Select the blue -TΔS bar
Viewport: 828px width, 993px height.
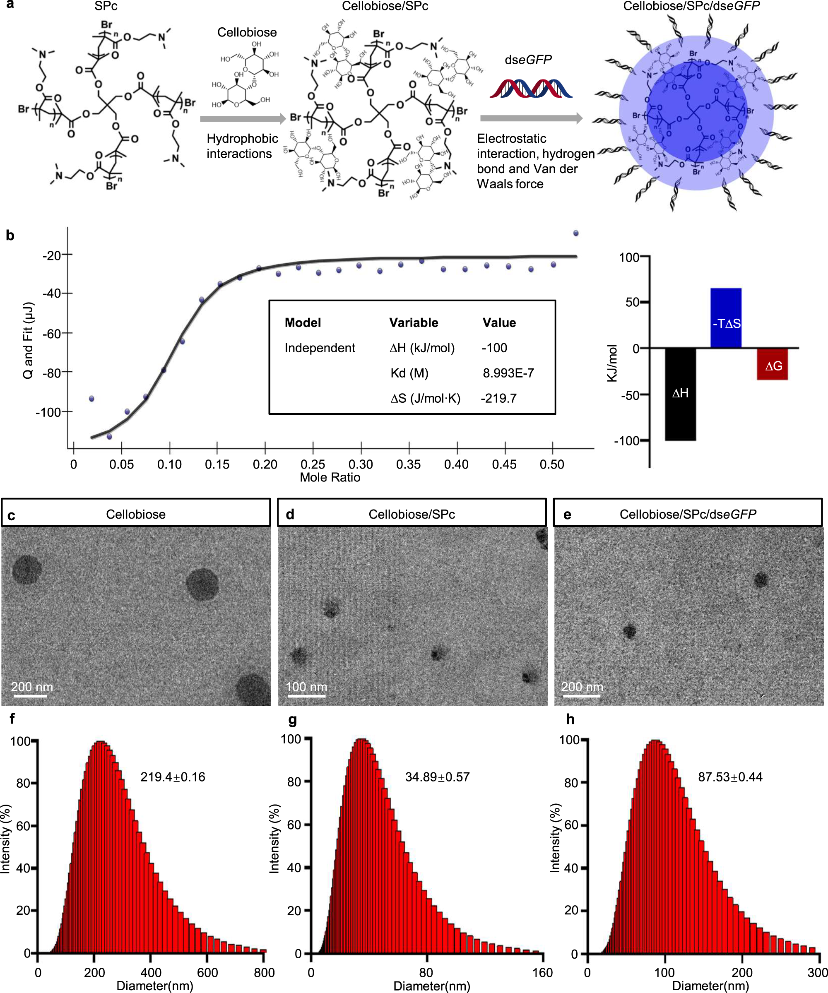(725, 317)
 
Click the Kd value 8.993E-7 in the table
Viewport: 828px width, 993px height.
(508, 373)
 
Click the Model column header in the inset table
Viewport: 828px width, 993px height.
(303, 322)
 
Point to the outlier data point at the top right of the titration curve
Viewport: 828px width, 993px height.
(575, 233)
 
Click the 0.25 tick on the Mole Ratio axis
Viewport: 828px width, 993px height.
(313, 464)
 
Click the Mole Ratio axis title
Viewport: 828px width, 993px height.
(330, 478)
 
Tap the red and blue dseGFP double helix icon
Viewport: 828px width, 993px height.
(531, 89)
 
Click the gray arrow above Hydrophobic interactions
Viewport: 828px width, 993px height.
(243, 119)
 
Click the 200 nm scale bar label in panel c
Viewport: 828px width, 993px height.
(32, 687)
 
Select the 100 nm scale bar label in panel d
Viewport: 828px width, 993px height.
(306, 687)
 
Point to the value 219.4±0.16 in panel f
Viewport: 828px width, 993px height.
(173, 777)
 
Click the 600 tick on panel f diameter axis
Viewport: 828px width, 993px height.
(207, 972)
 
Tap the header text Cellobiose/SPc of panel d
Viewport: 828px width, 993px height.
(412, 515)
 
